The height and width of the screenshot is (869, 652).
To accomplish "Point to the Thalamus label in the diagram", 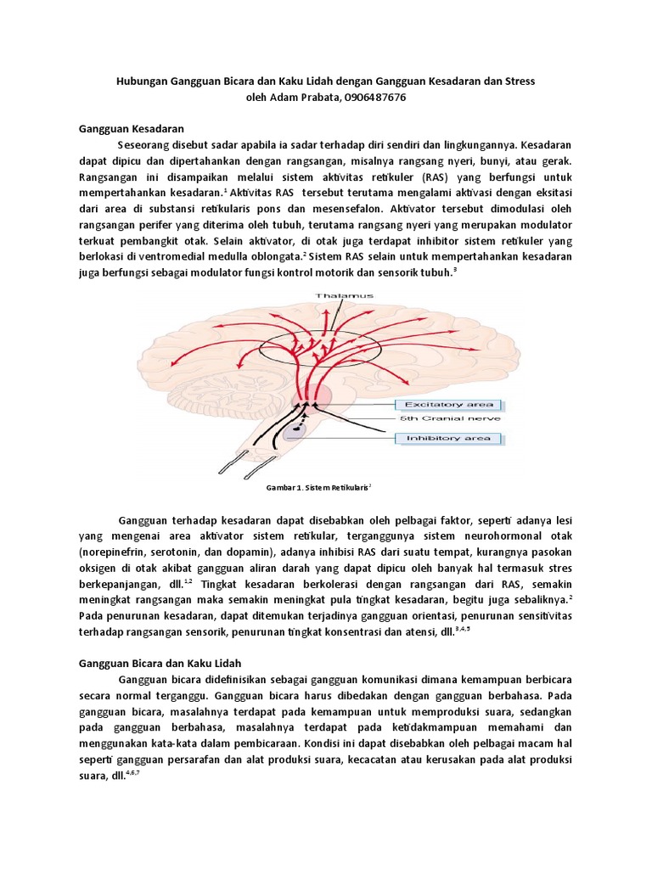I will tap(343, 295).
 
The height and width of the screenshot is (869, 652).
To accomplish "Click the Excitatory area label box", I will tap(449, 404).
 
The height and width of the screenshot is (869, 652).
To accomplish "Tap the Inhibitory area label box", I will tap(449, 438).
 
